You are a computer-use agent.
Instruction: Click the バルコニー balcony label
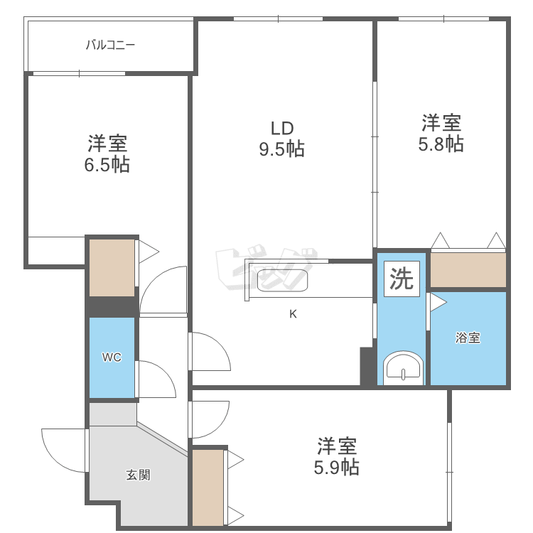pos(110,45)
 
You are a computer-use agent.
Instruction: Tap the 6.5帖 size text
pos(108,166)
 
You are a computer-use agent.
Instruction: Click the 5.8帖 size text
pos(441,144)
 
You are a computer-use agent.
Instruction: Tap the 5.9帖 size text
pos(336,468)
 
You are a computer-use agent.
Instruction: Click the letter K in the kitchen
pos(292,315)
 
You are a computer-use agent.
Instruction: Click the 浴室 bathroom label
pos(468,338)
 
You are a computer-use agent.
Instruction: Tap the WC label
pos(112,357)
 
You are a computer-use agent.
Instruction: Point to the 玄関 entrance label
pos(138,475)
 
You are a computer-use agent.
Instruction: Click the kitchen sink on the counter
pos(281,281)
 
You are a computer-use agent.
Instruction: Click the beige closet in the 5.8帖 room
pos(468,269)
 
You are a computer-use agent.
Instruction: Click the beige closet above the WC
pos(112,268)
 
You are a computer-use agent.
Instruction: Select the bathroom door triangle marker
pos(437,303)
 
